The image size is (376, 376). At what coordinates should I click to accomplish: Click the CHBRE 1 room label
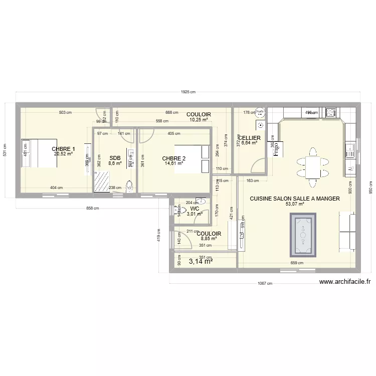64,149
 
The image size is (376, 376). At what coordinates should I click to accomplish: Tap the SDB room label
115,158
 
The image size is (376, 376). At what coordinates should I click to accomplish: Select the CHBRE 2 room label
174,158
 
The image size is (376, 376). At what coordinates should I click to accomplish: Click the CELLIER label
249,137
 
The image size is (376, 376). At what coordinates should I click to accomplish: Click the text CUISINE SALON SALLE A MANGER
295,199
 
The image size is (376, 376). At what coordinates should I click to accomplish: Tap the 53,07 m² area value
295,205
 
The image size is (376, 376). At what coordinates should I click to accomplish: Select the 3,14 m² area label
201,261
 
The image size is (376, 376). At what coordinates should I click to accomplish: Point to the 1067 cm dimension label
264,283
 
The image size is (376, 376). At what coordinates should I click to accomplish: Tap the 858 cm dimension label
92,209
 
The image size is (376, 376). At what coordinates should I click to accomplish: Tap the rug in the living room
304,235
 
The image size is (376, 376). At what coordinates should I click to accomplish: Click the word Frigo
275,149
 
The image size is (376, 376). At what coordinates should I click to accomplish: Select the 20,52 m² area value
64,154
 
